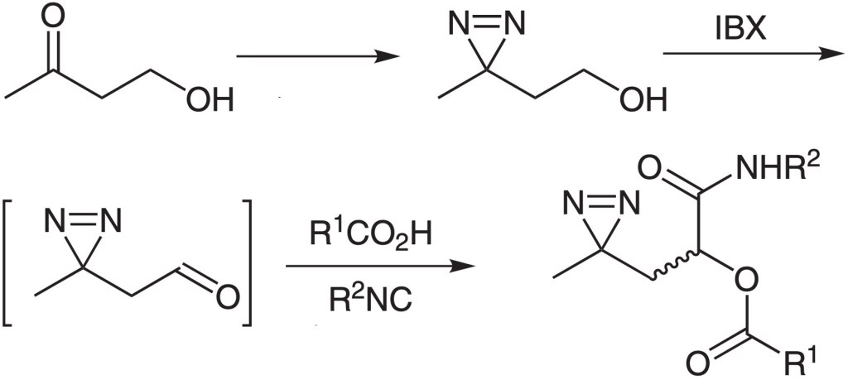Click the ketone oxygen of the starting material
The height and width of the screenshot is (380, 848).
tap(54, 17)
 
